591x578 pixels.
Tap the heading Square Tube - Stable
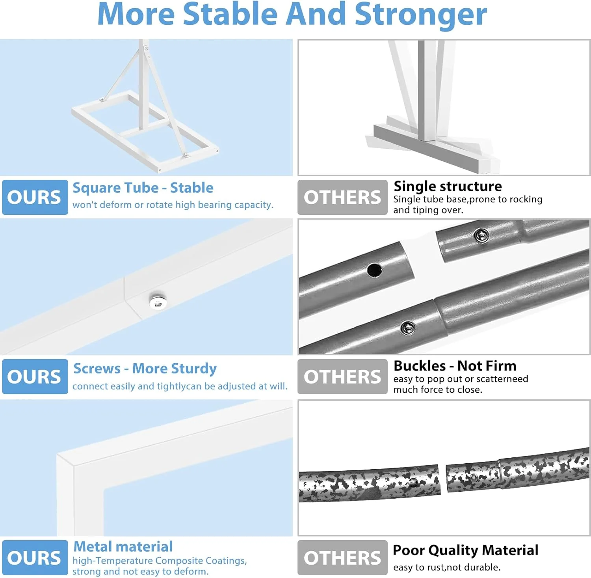point(143,188)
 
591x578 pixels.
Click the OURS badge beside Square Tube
point(35,197)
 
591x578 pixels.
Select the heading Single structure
point(448,186)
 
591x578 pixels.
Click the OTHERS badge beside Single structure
point(342,197)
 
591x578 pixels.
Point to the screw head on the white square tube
point(158,302)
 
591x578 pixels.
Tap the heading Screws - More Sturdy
point(145,369)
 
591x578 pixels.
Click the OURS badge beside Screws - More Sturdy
point(35,377)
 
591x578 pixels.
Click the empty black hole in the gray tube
point(374,270)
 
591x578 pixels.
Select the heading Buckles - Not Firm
point(455,366)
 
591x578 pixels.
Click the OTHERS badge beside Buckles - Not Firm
point(342,377)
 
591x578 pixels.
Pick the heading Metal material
point(123,546)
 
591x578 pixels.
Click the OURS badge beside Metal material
point(35,558)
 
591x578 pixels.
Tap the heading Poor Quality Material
point(466,550)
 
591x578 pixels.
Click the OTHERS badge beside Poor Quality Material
point(342,558)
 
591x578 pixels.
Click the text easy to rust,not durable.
point(447,567)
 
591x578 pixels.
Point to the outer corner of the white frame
point(58,455)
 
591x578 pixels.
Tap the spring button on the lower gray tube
point(408,328)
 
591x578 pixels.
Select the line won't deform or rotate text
point(173,205)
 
